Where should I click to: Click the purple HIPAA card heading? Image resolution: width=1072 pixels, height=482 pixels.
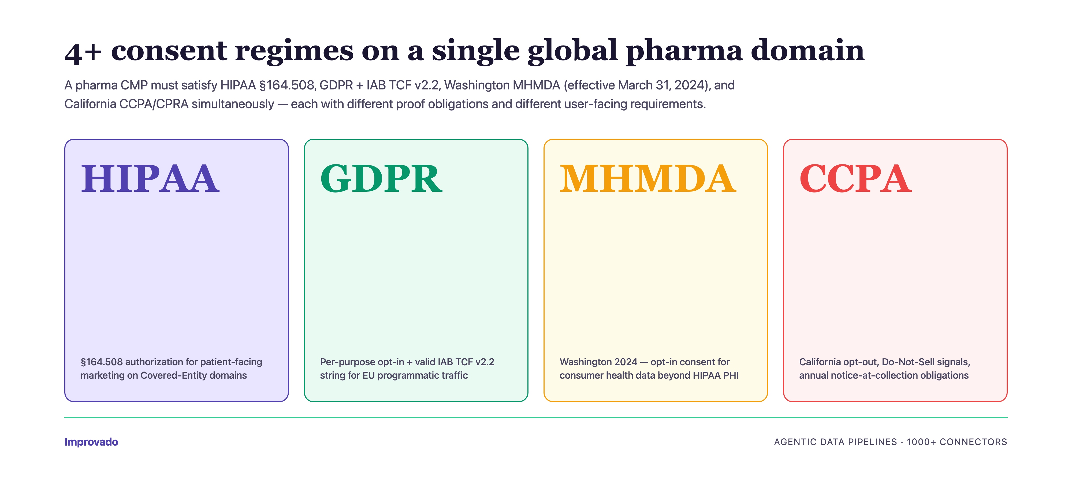tap(150, 179)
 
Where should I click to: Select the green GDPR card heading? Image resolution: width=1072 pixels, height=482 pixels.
tap(381, 179)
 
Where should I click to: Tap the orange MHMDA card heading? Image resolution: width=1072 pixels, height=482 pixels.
tap(648, 179)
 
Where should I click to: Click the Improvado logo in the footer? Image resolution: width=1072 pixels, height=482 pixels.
tap(91, 442)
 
